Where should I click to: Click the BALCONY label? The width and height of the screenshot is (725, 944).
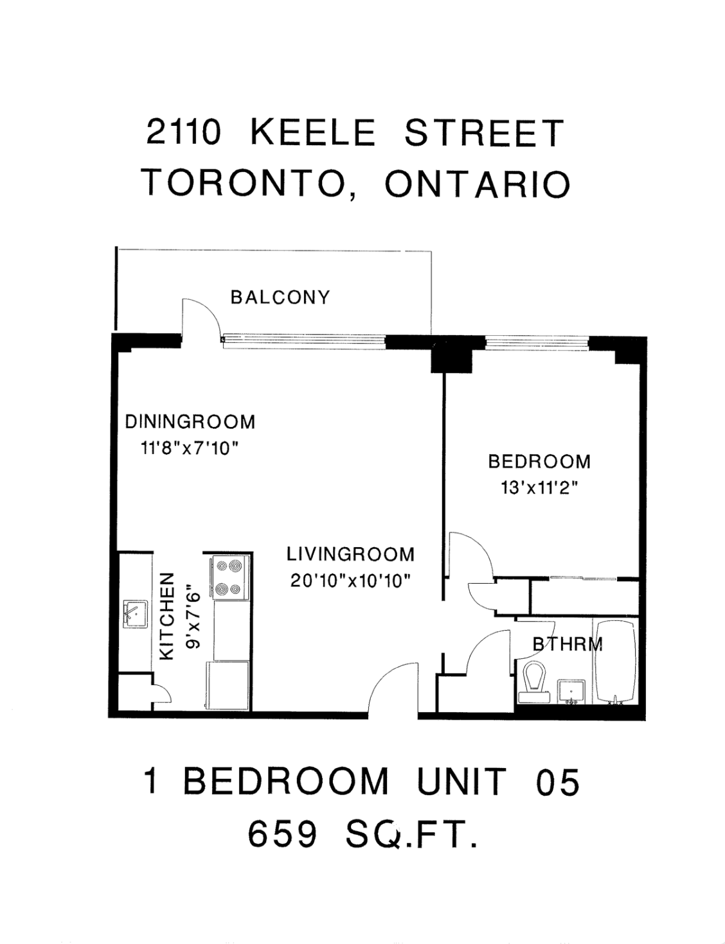(x=280, y=297)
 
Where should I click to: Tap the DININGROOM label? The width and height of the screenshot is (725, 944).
(x=190, y=422)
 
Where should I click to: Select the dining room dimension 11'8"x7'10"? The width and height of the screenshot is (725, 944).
(x=190, y=448)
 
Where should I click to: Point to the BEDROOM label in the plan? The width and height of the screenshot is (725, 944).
(x=539, y=461)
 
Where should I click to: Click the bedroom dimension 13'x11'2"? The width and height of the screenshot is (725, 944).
(x=539, y=488)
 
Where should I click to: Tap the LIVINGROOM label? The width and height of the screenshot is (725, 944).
(x=350, y=554)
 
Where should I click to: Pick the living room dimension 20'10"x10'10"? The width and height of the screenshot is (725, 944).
(x=350, y=581)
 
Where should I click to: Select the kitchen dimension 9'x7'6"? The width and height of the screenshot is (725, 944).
(x=193, y=620)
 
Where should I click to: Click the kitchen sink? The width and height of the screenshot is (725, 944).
(x=135, y=615)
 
